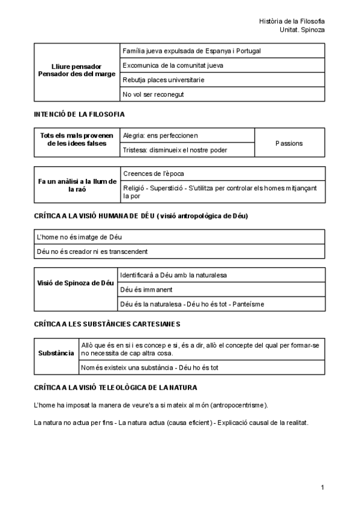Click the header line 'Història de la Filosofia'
292,21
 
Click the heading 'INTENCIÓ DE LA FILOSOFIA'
79,114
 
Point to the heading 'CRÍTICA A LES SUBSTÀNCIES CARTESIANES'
107,324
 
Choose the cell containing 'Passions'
289,143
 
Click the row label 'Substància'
56,353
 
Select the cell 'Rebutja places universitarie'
163,80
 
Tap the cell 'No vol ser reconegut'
153,94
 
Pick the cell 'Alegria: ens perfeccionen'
160,135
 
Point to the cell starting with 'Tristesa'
175,150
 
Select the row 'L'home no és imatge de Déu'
79,237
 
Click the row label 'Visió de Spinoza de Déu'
76,282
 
